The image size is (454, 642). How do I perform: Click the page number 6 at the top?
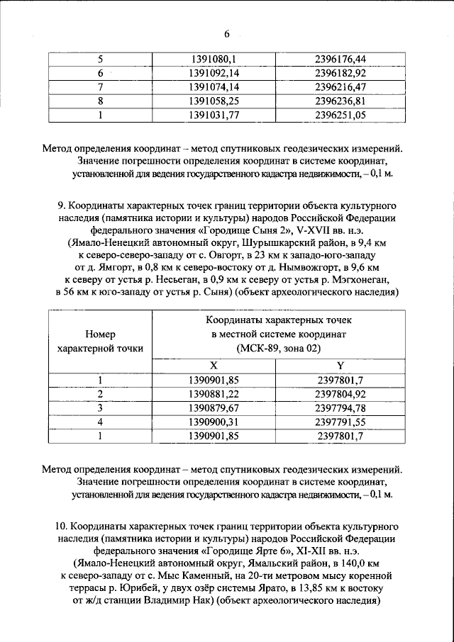click(x=227, y=34)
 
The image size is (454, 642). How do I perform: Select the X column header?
click(x=214, y=366)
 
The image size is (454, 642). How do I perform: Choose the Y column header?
click(x=340, y=366)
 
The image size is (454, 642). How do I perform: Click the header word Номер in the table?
click(x=99, y=333)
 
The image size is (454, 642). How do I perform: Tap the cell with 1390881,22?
click(x=214, y=394)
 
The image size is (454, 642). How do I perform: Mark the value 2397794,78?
click(x=340, y=408)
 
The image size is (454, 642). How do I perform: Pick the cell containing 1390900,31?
click(x=214, y=422)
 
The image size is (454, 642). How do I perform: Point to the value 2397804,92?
click(x=340, y=394)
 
